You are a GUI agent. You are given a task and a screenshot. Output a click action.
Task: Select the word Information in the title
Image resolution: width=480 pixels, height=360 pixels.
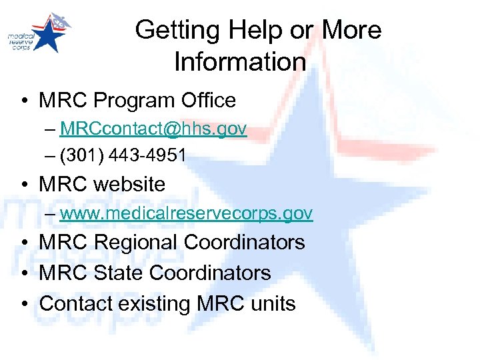tap(240, 62)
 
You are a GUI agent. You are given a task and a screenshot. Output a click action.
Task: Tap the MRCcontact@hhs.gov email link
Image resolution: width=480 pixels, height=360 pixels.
tap(153, 129)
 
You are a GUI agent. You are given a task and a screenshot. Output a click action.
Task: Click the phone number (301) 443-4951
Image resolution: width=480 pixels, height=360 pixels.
tap(123, 155)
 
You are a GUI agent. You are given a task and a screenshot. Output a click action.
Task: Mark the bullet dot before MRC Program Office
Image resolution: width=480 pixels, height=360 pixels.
tap(23, 101)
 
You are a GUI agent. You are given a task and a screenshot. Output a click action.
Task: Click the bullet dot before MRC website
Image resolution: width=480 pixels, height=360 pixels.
tap(23, 185)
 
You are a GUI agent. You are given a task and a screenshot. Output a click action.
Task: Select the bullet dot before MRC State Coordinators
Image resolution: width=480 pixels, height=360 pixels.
tap(23, 273)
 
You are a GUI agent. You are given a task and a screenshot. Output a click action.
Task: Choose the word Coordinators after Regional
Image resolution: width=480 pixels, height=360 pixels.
tap(244, 243)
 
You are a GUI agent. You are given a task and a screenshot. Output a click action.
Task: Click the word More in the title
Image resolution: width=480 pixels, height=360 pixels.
tap(352, 30)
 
